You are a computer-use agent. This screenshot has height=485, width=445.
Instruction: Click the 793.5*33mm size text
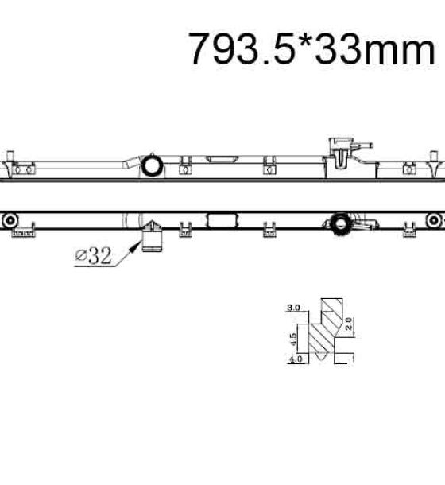311,48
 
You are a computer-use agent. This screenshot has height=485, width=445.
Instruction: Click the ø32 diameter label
94,256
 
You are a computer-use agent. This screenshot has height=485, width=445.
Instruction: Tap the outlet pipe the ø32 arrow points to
152,242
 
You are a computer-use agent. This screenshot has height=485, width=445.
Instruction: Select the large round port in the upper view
152,165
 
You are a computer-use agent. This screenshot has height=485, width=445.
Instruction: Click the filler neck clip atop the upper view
341,153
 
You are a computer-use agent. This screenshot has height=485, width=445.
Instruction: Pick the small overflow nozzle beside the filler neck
363,145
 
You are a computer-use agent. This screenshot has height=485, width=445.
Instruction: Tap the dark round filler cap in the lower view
340,224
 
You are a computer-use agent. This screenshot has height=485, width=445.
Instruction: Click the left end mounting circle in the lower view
10,220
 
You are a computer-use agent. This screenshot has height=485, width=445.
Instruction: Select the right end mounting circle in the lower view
434,220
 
